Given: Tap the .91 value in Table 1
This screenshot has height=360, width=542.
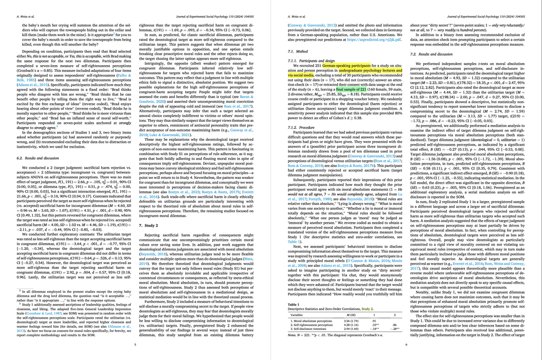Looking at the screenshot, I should [x=373, y=321].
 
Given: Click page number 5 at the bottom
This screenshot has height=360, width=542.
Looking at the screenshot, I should [x=135, y=345].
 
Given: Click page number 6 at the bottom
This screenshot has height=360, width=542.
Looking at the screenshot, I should [x=406, y=345].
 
